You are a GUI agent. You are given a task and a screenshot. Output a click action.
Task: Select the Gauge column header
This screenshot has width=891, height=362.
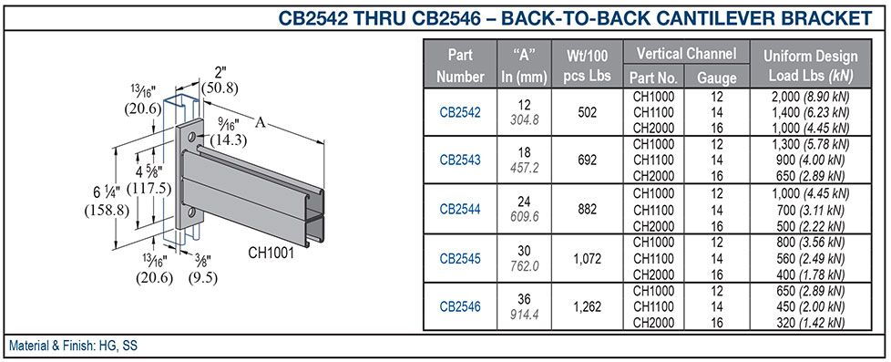pos(716,78)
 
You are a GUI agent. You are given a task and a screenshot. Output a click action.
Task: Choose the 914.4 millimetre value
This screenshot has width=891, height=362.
pos(523,314)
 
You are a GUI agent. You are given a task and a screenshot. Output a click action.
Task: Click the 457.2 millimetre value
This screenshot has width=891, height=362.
pos(523,169)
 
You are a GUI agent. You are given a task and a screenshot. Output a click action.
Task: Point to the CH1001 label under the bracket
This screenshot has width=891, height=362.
pos(271,254)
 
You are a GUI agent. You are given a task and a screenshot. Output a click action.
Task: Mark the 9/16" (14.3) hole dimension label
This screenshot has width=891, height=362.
pos(223,134)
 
